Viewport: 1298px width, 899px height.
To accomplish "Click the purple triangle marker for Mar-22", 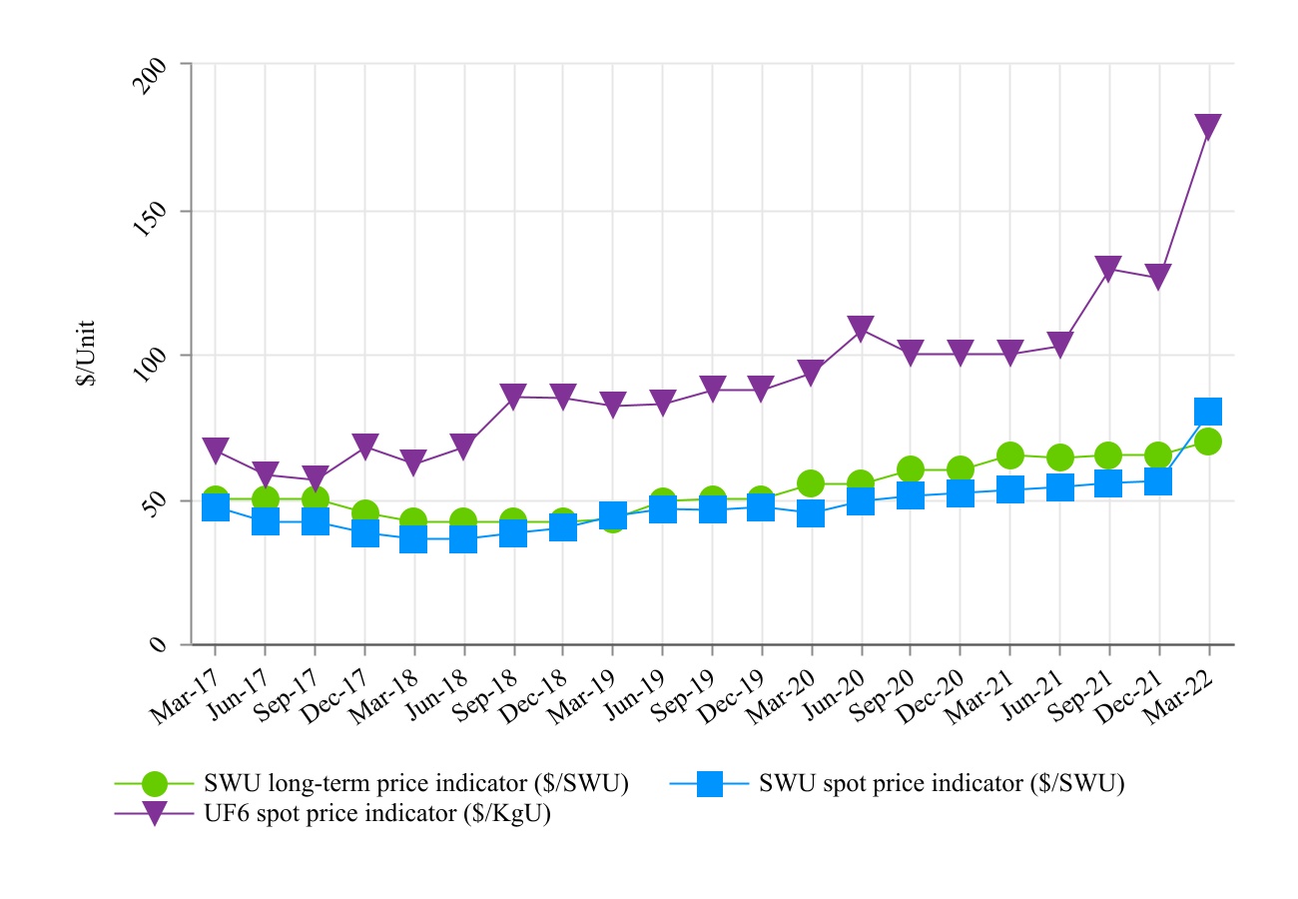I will click(1208, 127).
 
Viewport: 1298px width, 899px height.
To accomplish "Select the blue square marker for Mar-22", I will click(1208, 411).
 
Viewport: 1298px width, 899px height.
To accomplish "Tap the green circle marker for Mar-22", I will click(1208, 442).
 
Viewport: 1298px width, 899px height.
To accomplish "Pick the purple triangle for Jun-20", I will click(861, 328).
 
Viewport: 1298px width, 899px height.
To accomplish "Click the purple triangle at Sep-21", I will click(1108, 269).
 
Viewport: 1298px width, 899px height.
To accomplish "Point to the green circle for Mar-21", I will click(1009, 455).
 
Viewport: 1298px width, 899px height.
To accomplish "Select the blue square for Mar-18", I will click(413, 539).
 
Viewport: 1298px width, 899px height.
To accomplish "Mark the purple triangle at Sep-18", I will click(513, 397).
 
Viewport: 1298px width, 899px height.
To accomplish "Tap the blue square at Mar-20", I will click(811, 513).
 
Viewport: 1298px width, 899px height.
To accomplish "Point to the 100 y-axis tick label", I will click(149, 368).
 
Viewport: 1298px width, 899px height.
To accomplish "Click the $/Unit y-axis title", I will click(88, 354).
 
